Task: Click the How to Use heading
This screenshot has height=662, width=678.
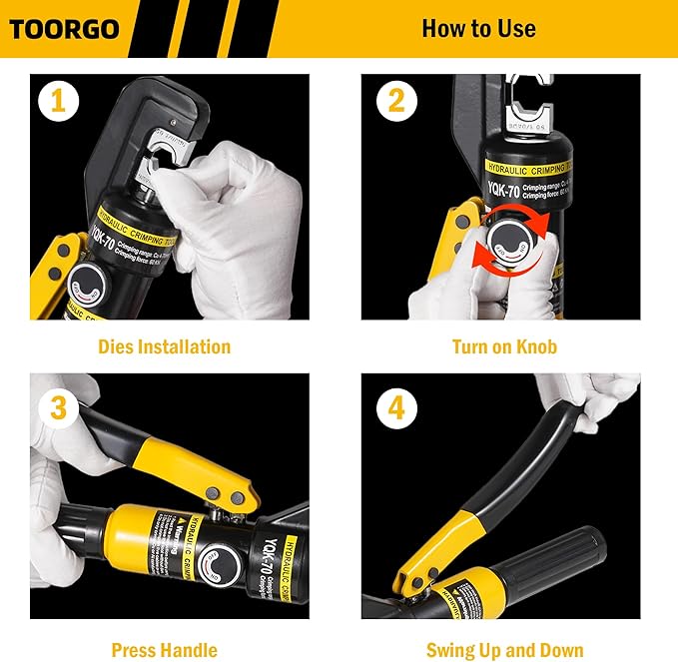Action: (478, 28)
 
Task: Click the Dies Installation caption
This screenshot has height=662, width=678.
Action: (164, 347)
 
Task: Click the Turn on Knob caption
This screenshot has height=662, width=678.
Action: (504, 347)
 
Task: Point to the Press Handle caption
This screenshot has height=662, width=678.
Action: (164, 650)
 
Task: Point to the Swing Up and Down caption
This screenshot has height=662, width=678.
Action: (504, 650)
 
